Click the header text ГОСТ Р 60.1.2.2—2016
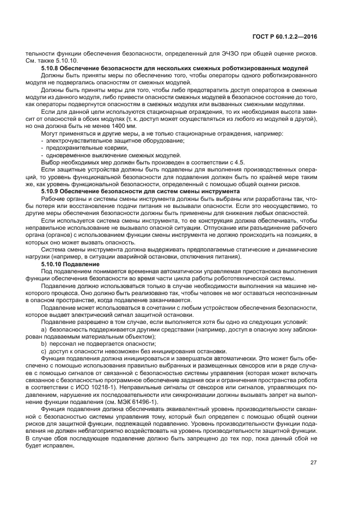pos(292,36)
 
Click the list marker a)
pos(44,330)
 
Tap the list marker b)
pos(44,344)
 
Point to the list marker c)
pos(44,351)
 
